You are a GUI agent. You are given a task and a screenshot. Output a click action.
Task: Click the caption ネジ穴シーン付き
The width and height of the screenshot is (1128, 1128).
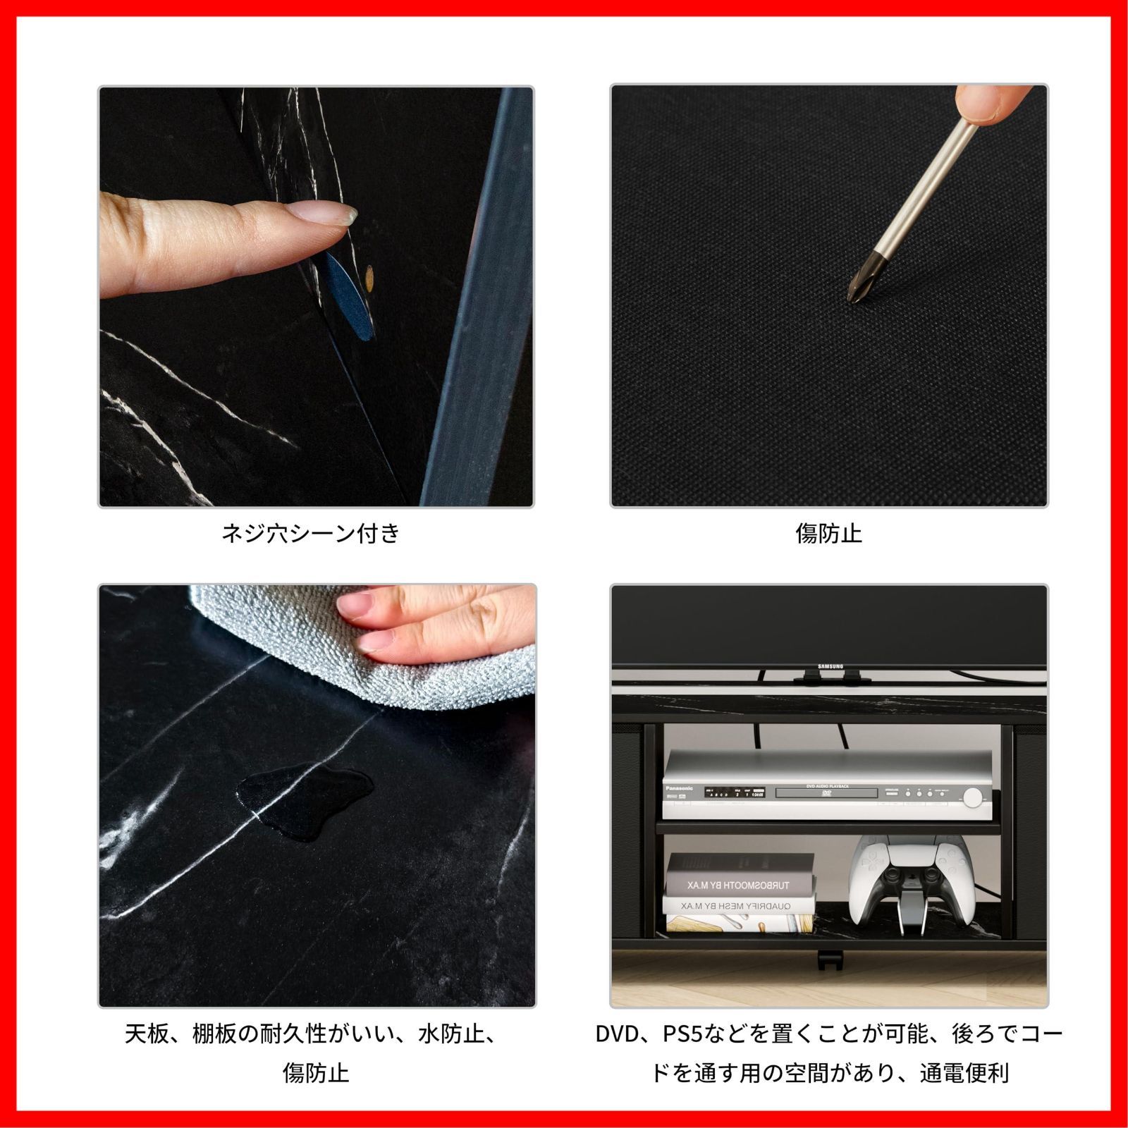(311, 533)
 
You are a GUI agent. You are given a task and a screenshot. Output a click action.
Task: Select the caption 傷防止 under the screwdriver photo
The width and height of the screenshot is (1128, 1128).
(828, 533)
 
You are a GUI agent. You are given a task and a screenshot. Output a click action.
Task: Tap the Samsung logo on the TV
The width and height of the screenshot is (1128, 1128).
(830, 666)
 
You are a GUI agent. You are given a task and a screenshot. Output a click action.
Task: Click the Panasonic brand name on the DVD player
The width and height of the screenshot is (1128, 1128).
(679, 788)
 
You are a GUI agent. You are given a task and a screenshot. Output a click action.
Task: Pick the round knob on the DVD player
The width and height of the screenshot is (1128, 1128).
(972, 797)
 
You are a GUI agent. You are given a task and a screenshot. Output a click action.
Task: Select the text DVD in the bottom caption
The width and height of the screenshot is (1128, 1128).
(618, 1034)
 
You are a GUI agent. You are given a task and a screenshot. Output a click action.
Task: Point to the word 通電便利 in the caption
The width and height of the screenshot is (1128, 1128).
(964, 1073)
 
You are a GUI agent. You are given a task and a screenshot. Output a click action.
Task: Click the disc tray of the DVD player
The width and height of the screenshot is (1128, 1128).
(826, 793)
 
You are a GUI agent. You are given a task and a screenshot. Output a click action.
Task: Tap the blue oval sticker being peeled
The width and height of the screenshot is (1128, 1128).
(349, 296)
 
